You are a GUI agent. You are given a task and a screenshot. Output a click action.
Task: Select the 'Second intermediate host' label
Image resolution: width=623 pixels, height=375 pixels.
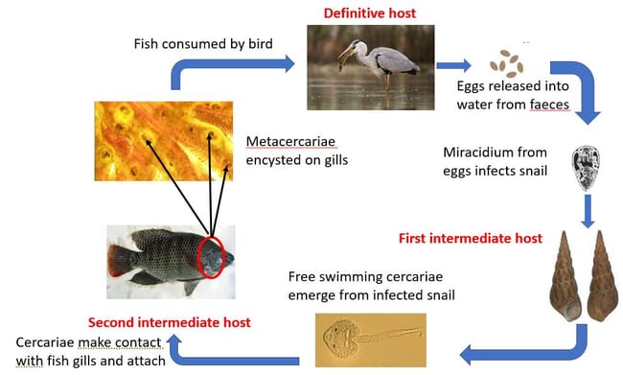170,322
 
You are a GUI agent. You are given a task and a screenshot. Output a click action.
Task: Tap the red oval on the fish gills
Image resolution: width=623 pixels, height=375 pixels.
211,257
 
